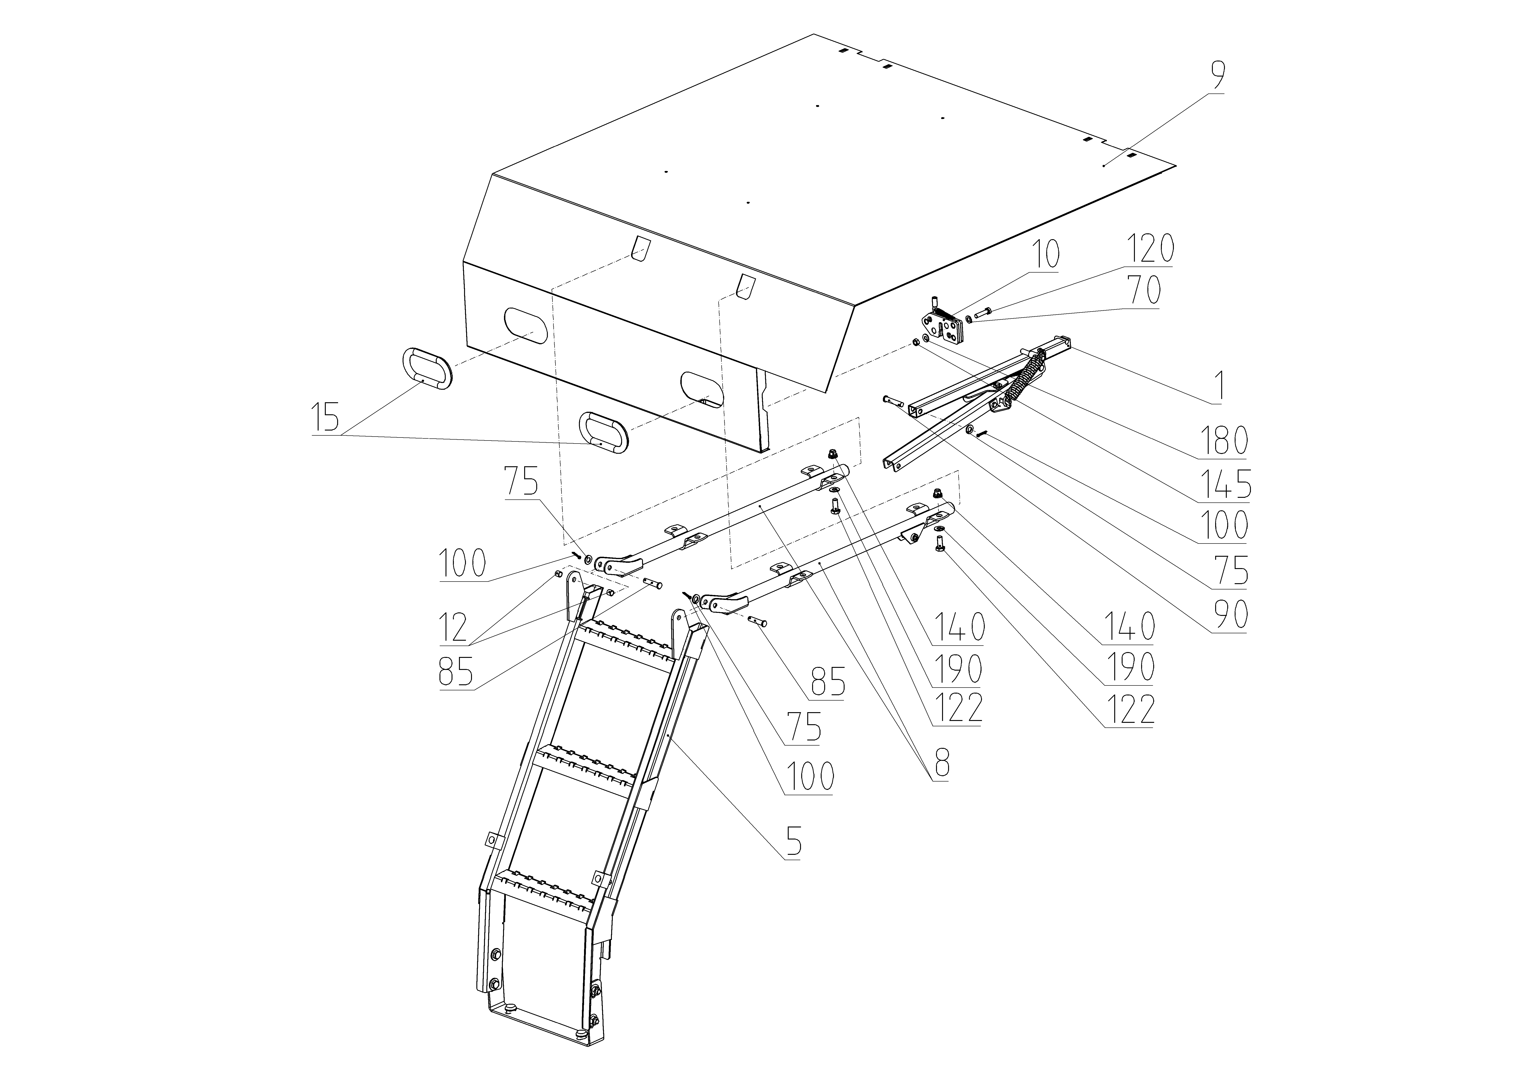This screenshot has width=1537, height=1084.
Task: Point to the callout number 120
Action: coord(1150,248)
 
